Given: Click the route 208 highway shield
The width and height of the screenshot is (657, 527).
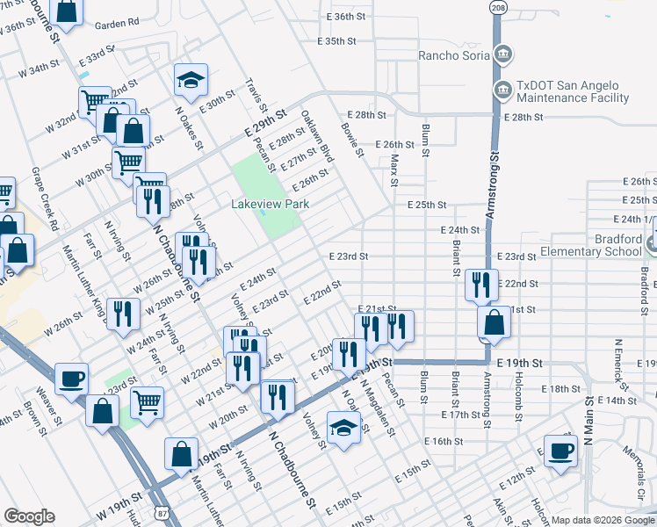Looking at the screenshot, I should tap(499, 7).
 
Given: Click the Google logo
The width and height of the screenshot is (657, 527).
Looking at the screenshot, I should tap(29, 516).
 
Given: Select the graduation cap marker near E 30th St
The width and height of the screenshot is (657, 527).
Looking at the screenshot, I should tap(190, 81).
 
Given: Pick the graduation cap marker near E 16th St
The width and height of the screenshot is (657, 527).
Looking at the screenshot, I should tap(343, 428).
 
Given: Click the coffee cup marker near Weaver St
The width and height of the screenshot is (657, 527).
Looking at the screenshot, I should tap(71, 379).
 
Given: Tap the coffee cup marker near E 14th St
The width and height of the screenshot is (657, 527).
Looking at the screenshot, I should tap(560, 451).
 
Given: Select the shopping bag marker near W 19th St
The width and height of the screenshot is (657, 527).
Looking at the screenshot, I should tap(181, 454).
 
